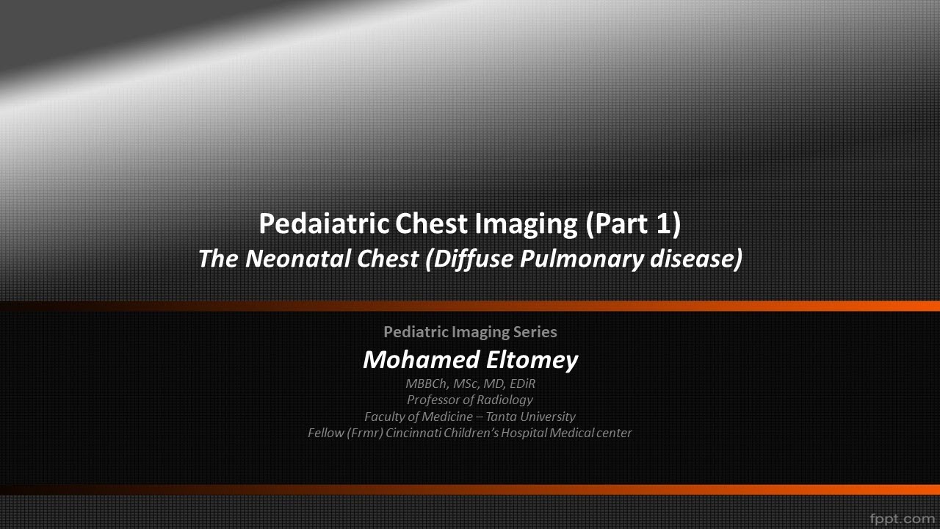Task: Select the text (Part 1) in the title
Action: (633, 223)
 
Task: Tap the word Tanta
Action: (506, 417)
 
